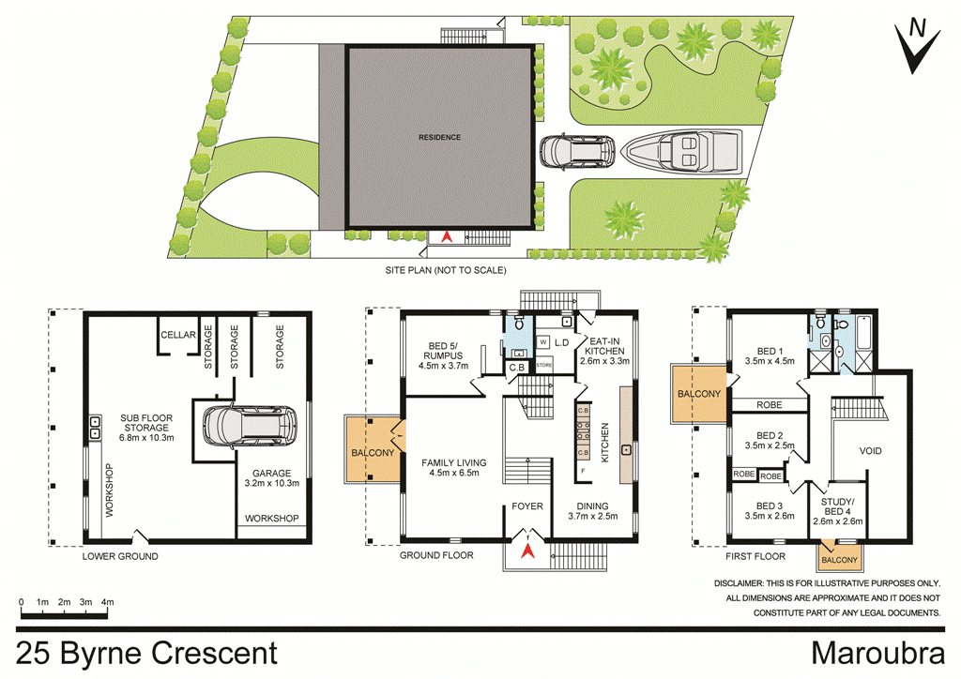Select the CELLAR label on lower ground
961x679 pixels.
point(177,335)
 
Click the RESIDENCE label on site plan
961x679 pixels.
point(439,137)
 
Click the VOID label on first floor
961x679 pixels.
point(871,451)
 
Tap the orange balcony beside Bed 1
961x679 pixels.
point(698,394)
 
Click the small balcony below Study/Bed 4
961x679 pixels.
point(839,559)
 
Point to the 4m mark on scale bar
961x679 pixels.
point(108,601)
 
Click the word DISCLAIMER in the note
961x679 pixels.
point(745,582)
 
